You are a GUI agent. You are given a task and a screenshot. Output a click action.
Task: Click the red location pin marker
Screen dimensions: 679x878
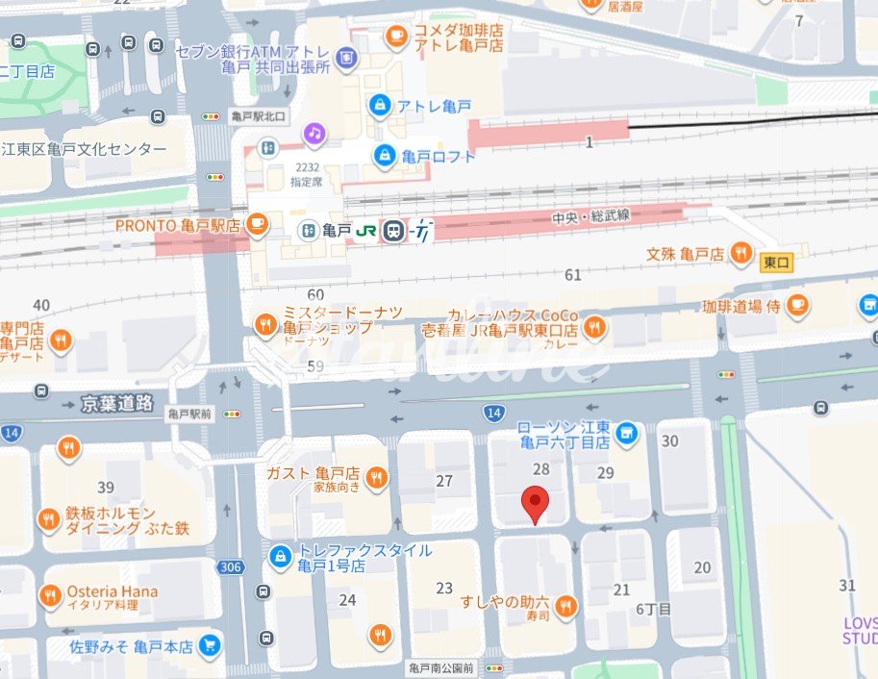coord(535,503)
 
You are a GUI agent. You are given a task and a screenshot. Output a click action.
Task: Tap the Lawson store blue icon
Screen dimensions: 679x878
coord(627,435)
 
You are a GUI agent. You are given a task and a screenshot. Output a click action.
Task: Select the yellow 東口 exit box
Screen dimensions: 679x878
coord(776,263)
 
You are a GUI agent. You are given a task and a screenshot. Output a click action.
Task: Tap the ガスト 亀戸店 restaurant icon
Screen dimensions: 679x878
coord(377,474)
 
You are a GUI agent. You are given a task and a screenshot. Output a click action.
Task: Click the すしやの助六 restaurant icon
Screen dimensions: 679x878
coord(566,606)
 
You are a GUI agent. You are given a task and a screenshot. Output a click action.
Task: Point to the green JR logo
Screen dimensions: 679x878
coord(366,231)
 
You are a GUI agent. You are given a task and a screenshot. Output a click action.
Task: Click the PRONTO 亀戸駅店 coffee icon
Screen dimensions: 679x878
coord(256,224)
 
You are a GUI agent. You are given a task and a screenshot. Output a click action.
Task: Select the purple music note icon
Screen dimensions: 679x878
coord(314,134)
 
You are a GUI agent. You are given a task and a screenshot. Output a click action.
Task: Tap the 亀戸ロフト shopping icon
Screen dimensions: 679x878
coord(385,154)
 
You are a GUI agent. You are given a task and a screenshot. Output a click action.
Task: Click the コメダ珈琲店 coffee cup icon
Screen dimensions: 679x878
coord(395,37)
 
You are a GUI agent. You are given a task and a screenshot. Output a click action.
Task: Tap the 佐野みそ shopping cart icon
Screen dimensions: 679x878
coord(210,646)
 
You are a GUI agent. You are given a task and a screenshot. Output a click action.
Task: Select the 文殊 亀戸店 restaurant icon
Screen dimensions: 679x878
coord(741,254)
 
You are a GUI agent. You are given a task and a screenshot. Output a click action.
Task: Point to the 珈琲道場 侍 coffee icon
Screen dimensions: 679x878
coord(797,306)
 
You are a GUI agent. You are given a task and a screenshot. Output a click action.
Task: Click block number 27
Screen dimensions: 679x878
coord(444,481)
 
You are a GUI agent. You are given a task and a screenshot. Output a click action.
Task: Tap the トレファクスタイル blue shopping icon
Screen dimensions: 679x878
coord(280,556)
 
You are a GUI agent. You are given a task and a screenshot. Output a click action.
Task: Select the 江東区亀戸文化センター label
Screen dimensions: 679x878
coord(84,149)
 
